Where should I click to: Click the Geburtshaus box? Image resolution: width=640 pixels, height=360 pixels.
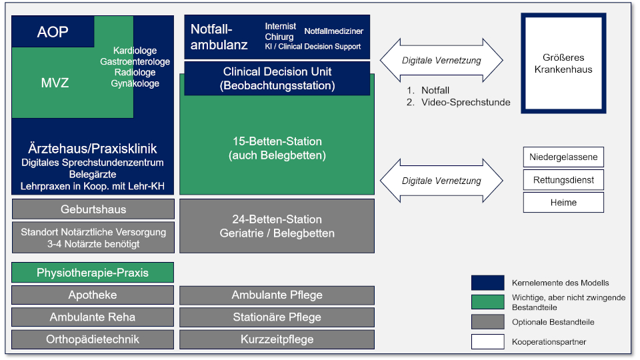(93, 209)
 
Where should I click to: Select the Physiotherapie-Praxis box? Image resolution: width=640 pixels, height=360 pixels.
(93, 273)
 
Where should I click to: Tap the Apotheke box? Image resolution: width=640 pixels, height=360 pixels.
(93, 295)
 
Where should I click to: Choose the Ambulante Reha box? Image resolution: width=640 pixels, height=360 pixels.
(93, 317)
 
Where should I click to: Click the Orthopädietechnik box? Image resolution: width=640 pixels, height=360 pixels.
(93, 339)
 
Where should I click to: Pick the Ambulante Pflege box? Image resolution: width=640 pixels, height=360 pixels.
(277, 295)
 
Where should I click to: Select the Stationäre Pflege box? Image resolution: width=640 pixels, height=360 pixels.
(277, 317)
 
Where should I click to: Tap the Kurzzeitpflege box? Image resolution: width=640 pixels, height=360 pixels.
(277, 339)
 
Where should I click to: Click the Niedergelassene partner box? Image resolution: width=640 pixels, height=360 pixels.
(563, 157)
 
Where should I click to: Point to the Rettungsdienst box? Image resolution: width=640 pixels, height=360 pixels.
(563, 180)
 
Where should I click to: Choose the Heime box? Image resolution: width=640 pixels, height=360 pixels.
(563, 203)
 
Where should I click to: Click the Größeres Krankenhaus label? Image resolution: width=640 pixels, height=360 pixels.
(563, 63)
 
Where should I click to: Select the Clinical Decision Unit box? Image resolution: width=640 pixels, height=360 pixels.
(277, 79)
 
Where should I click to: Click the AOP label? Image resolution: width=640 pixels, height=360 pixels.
(53, 32)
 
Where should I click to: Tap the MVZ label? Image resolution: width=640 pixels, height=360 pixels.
(55, 83)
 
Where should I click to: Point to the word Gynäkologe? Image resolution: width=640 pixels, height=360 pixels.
(135, 84)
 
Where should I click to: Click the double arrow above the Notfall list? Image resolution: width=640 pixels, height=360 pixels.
(441, 61)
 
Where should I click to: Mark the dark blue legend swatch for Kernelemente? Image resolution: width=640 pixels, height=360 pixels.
(488, 283)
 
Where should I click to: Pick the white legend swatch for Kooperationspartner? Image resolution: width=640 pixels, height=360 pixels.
(488, 341)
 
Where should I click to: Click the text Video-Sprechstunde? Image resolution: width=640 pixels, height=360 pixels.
(466, 102)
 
